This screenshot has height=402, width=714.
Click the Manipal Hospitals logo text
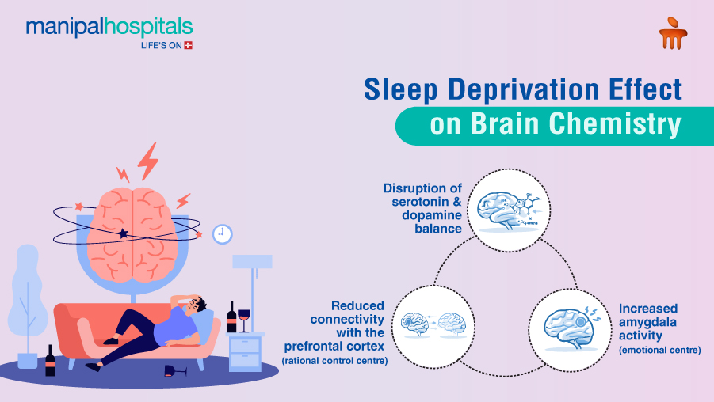pyautogui.click(x=109, y=28)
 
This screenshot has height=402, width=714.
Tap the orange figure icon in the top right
pyautogui.click(x=672, y=33)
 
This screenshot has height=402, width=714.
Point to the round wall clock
pyautogui.click(x=223, y=233)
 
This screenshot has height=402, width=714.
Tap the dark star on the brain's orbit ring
pyautogui.click(x=123, y=233)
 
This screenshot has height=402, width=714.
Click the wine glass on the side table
pyautogui.click(x=243, y=319)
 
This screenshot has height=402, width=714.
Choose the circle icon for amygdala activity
pyautogui.click(x=568, y=324)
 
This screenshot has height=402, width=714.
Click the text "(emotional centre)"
pyautogui.click(x=659, y=349)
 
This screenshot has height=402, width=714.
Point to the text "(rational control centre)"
pyautogui.click(x=334, y=361)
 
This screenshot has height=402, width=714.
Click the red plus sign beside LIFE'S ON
pyautogui.click(x=188, y=45)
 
